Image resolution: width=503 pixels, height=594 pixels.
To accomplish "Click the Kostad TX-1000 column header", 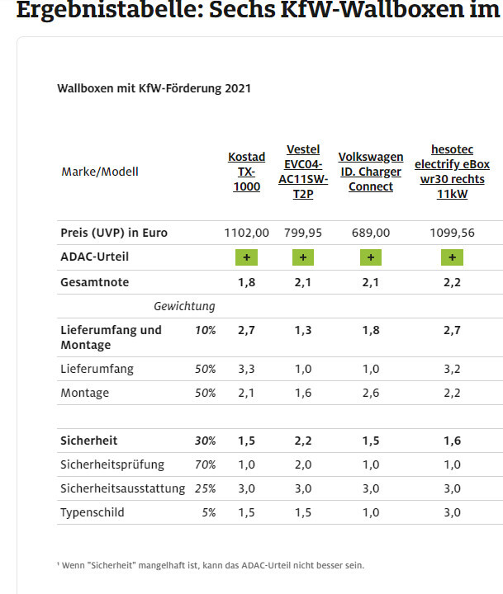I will pos(246,172).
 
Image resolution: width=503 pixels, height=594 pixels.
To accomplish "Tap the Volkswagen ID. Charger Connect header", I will pos(371,172).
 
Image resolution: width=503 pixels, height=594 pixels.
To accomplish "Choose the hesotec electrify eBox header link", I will pos(452,172).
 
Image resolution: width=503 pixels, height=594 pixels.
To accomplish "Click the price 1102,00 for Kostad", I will pos(246,233).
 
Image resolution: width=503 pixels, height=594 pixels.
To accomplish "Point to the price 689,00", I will pos(371,233).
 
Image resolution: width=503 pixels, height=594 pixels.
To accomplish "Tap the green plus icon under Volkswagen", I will pos(370,257).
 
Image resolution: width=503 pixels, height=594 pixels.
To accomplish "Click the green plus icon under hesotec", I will pos(452,257).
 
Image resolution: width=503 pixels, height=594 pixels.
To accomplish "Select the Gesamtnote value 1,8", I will pos(246,282).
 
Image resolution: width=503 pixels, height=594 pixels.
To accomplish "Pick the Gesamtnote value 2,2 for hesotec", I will pos(452,282).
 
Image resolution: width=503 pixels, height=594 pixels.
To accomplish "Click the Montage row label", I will pos(84,393).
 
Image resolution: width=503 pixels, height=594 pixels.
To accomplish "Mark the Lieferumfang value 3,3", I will pos(246,369).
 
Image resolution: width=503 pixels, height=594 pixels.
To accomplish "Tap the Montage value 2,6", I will pos(371,393).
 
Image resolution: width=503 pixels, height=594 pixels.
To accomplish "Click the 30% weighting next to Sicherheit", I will pos(205,441).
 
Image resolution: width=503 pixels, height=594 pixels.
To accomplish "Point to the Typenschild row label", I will pos(92,512).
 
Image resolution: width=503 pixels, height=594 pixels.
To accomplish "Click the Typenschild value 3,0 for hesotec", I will pos(452,512).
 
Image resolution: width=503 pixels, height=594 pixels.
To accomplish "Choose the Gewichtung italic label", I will pos(184,306).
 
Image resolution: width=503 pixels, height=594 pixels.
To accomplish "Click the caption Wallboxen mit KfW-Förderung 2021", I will pos(154,88).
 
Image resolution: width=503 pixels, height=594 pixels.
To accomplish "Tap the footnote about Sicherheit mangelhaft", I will pos(211,565).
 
